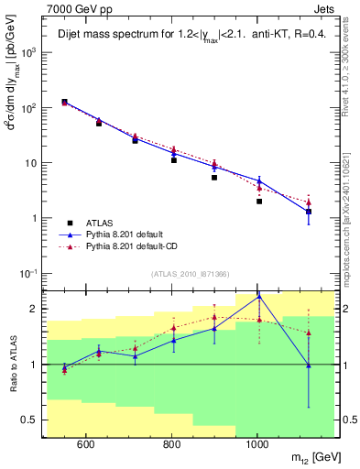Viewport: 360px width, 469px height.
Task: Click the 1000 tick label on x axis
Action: (x=257, y=445)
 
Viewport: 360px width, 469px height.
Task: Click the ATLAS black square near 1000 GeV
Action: (x=259, y=202)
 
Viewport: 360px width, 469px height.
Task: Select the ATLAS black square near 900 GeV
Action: (x=214, y=178)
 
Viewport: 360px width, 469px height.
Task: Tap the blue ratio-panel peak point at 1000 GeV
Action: (x=259, y=296)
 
